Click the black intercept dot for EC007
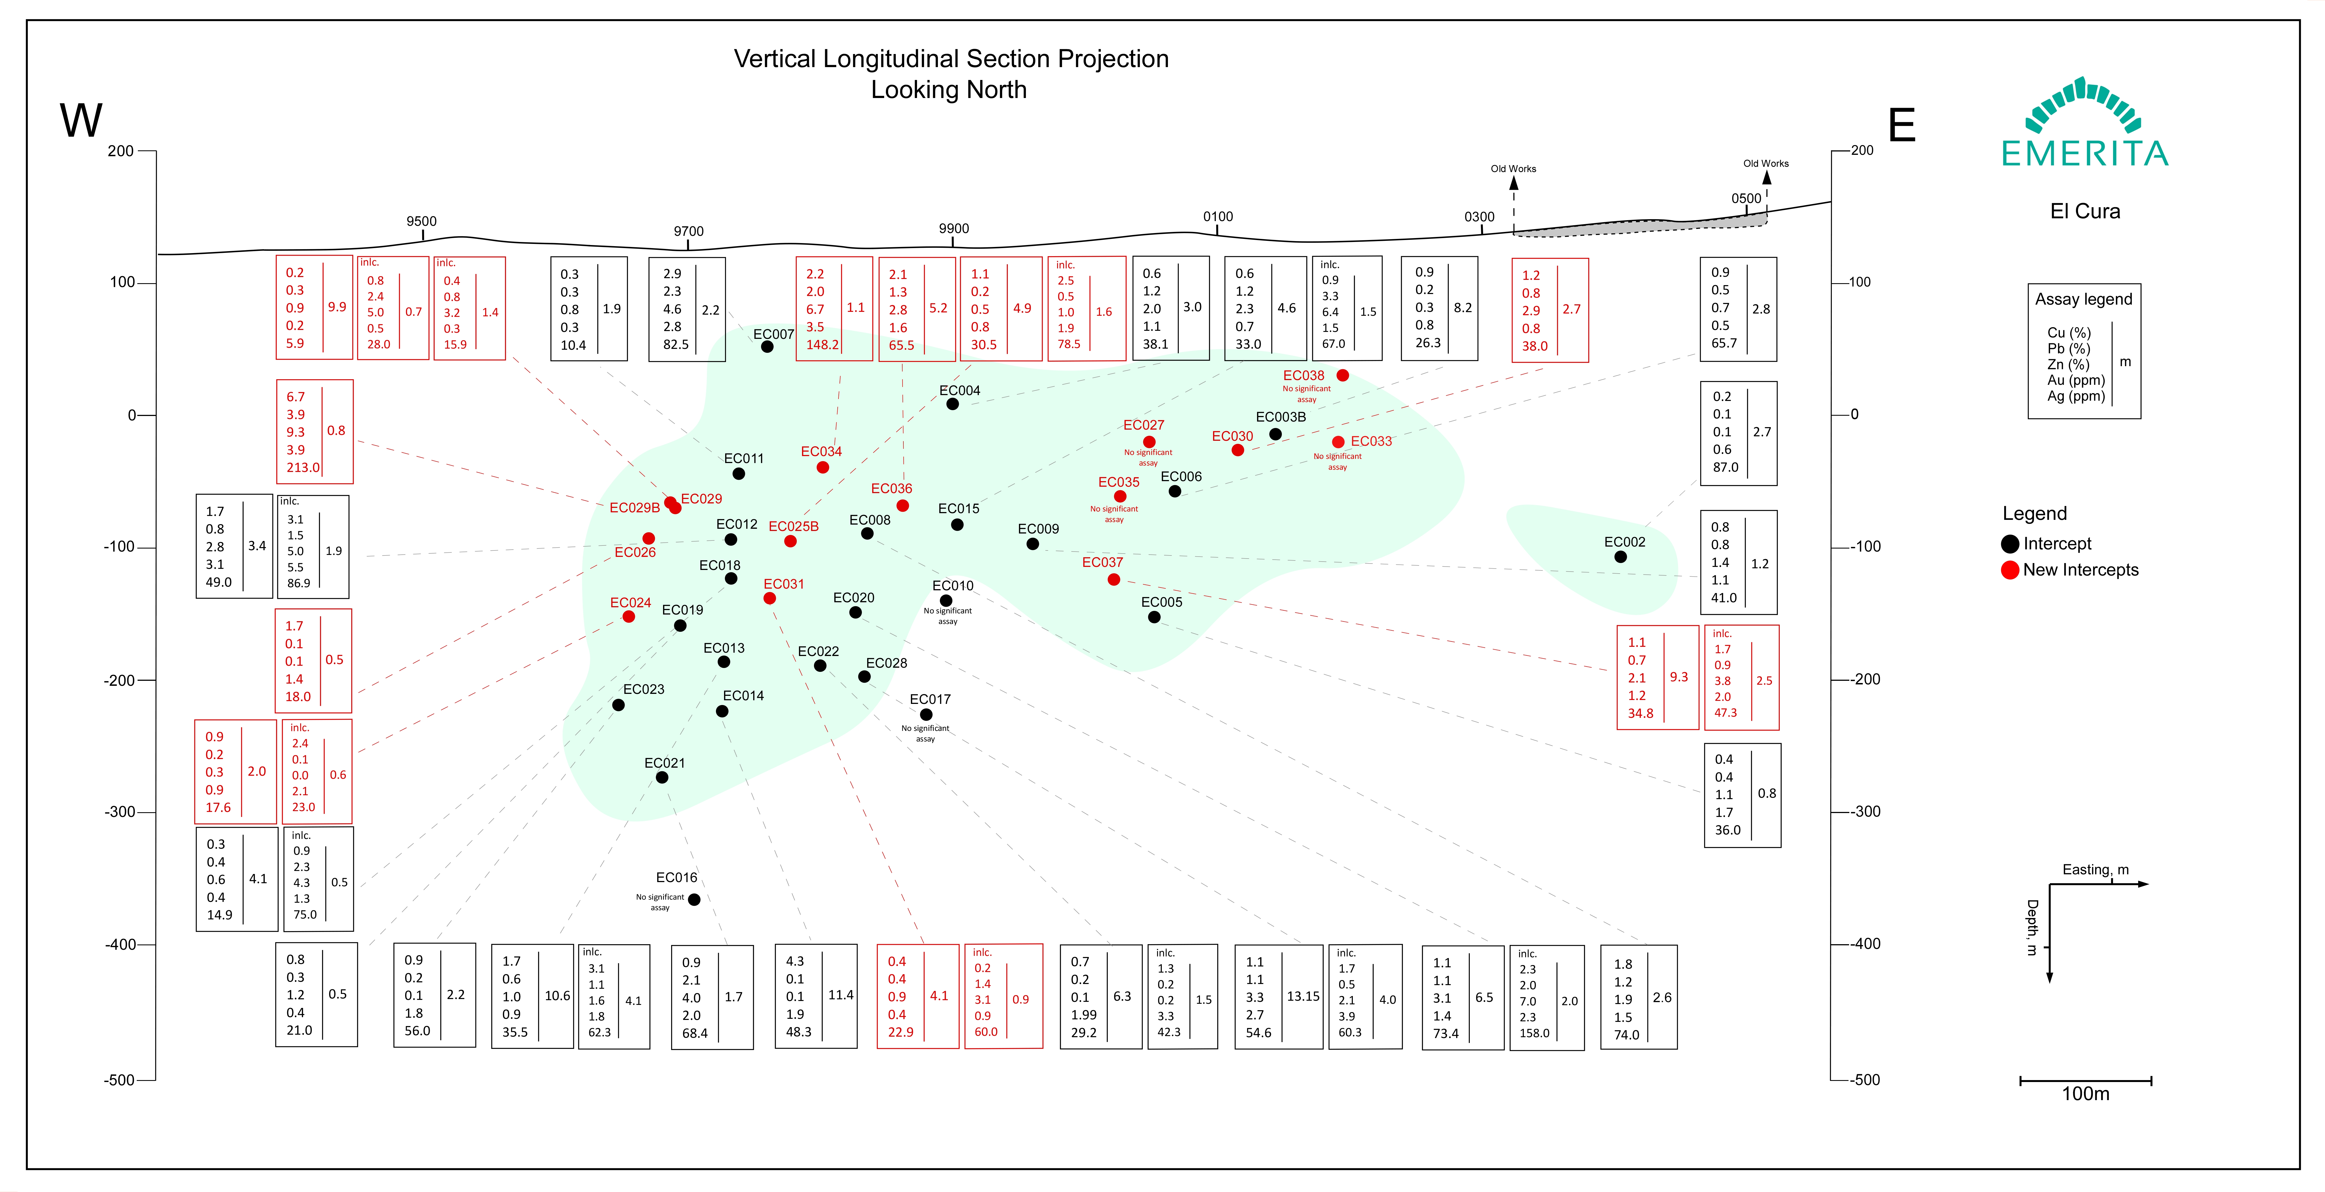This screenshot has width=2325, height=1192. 767,346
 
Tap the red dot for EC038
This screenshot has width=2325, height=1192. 1343,375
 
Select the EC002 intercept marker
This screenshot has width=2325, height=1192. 1621,557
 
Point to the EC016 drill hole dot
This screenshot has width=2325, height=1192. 694,900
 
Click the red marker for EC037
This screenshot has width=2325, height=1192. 1114,579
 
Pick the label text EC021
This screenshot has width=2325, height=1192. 664,762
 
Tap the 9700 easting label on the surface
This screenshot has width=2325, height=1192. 689,231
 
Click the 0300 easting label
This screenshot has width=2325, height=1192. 1479,217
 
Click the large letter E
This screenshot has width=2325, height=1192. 1902,125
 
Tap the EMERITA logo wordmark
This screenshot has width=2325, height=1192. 2085,153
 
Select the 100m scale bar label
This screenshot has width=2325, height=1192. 2086,1094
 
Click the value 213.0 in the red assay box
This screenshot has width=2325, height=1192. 303,468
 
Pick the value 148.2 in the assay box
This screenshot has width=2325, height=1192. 822,345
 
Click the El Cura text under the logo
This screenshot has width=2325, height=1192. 2085,211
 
